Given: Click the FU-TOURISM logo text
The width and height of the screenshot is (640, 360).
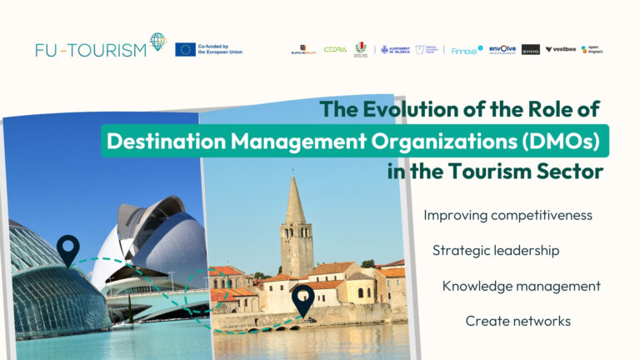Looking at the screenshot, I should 91,49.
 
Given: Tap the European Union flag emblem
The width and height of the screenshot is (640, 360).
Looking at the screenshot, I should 186,49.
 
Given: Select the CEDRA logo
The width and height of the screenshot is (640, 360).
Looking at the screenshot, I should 335,50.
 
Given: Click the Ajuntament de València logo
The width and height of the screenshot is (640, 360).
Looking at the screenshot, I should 395,50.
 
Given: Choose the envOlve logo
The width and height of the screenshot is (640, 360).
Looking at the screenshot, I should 502,50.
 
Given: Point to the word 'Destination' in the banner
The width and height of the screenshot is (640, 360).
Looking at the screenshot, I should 162,141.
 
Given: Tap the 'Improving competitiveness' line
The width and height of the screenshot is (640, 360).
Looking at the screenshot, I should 507,215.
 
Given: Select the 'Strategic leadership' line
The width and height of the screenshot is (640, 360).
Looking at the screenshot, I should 496,250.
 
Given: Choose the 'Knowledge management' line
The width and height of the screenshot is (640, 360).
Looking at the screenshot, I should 521,286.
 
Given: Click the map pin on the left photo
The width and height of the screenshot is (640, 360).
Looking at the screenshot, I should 67,248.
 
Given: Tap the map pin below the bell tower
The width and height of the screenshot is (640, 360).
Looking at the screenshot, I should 302,299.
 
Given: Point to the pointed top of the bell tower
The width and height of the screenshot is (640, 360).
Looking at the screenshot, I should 294,177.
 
